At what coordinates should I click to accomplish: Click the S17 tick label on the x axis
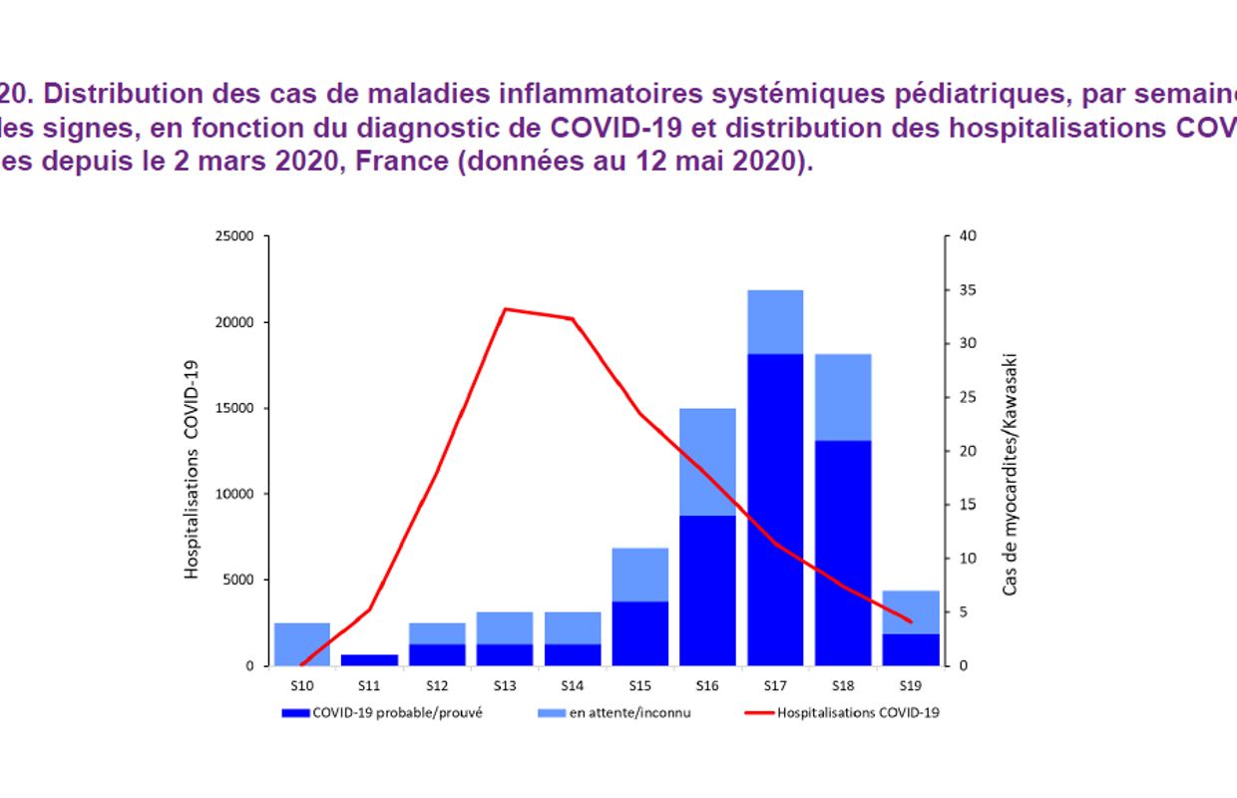pos(774,685)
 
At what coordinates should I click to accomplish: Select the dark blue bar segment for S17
pos(774,509)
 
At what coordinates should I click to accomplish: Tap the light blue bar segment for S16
pos(707,461)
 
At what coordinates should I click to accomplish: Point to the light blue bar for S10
pos(301,643)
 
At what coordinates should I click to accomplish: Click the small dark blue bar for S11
pos(369,659)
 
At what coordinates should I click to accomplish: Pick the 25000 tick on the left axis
pos(236,236)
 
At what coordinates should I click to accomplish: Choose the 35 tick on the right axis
pos(967,290)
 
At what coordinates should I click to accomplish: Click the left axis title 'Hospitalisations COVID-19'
pos(192,469)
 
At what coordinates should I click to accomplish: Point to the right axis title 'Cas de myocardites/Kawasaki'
pos(1010,474)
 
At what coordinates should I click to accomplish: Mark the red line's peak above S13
pos(505,309)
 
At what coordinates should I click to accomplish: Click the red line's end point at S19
pos(910,621)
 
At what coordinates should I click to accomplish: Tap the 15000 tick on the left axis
pos(236,408)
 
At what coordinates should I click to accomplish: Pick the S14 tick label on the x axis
pos(572,685)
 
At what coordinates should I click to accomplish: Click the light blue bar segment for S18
pos(842,397)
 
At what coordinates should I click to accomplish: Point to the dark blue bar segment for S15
pos(639,633)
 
